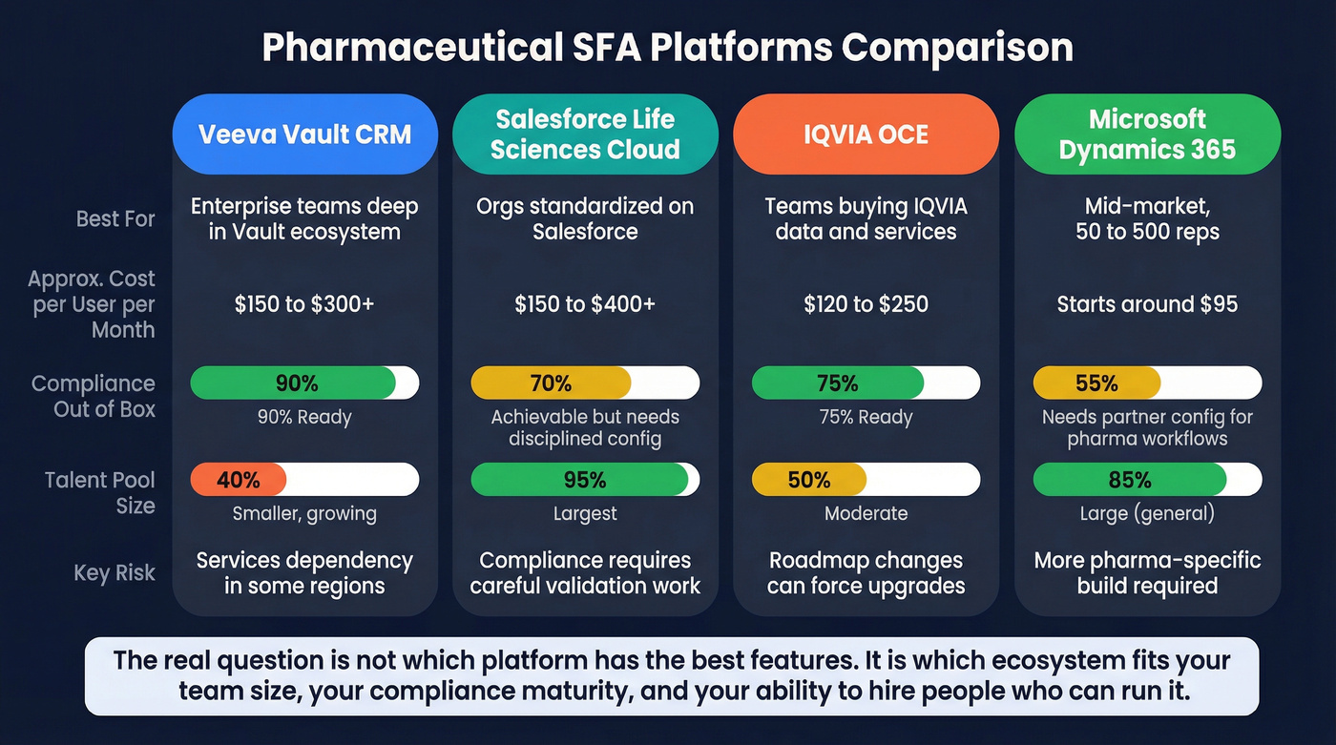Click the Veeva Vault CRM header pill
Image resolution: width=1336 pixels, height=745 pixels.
click(304, 134)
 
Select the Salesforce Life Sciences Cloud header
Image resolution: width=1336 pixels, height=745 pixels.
click(585, 134)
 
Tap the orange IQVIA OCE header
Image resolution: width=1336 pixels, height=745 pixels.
click(866, 134)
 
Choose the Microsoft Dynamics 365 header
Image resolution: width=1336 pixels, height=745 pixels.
click(1147, 134)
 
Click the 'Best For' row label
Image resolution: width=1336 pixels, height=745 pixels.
click(115, 219)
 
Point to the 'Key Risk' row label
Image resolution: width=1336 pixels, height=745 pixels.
click(115, 573)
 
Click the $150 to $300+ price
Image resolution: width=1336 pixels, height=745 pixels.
click(304, 304)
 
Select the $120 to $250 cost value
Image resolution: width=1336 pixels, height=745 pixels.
click(866, 304)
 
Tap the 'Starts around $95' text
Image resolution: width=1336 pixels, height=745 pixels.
click(1147, 304)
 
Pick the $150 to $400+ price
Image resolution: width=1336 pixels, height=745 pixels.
click(585, 304)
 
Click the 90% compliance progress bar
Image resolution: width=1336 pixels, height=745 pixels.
click(304, 383)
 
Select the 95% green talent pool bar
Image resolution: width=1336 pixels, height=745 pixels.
click(585, 480)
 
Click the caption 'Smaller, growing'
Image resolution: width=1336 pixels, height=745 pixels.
click(304, 514)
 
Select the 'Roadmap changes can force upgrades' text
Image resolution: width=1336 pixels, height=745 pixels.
click(866, 573)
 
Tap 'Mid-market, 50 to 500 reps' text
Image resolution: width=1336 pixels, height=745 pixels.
click(1147, 219)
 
